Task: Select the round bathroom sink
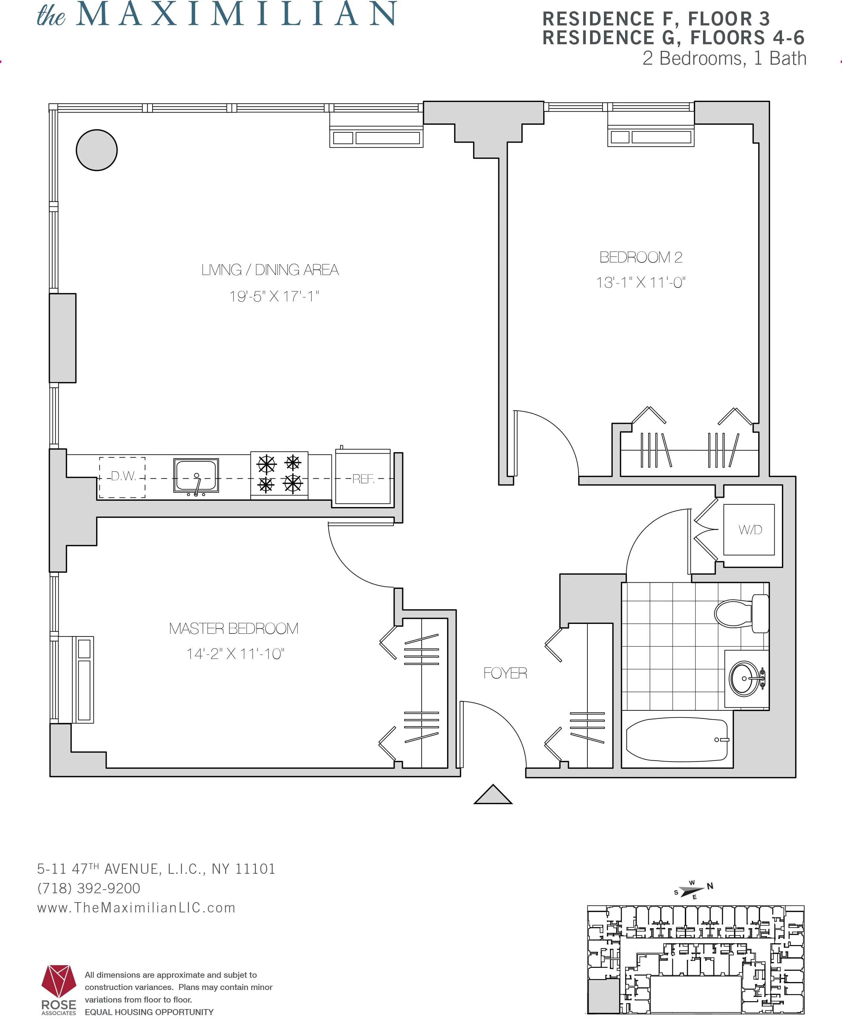(x=745, y=678)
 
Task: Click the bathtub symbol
(x=677, y=740)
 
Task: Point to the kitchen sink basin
(x=196, y=475)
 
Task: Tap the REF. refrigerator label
(x=363, y=479)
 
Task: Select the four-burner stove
(x=279, y=474)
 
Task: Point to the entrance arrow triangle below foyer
(x=493, y=795)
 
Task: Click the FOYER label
(x=505, y=673)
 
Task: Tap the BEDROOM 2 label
(x=641, y=257)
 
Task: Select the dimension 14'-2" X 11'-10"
(x=235, y=654)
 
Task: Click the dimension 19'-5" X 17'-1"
(x=274, y=296)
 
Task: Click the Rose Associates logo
(x=59, y=989)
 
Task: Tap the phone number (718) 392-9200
(x=89, y=888)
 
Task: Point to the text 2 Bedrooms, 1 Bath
(x=724, y=58)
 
